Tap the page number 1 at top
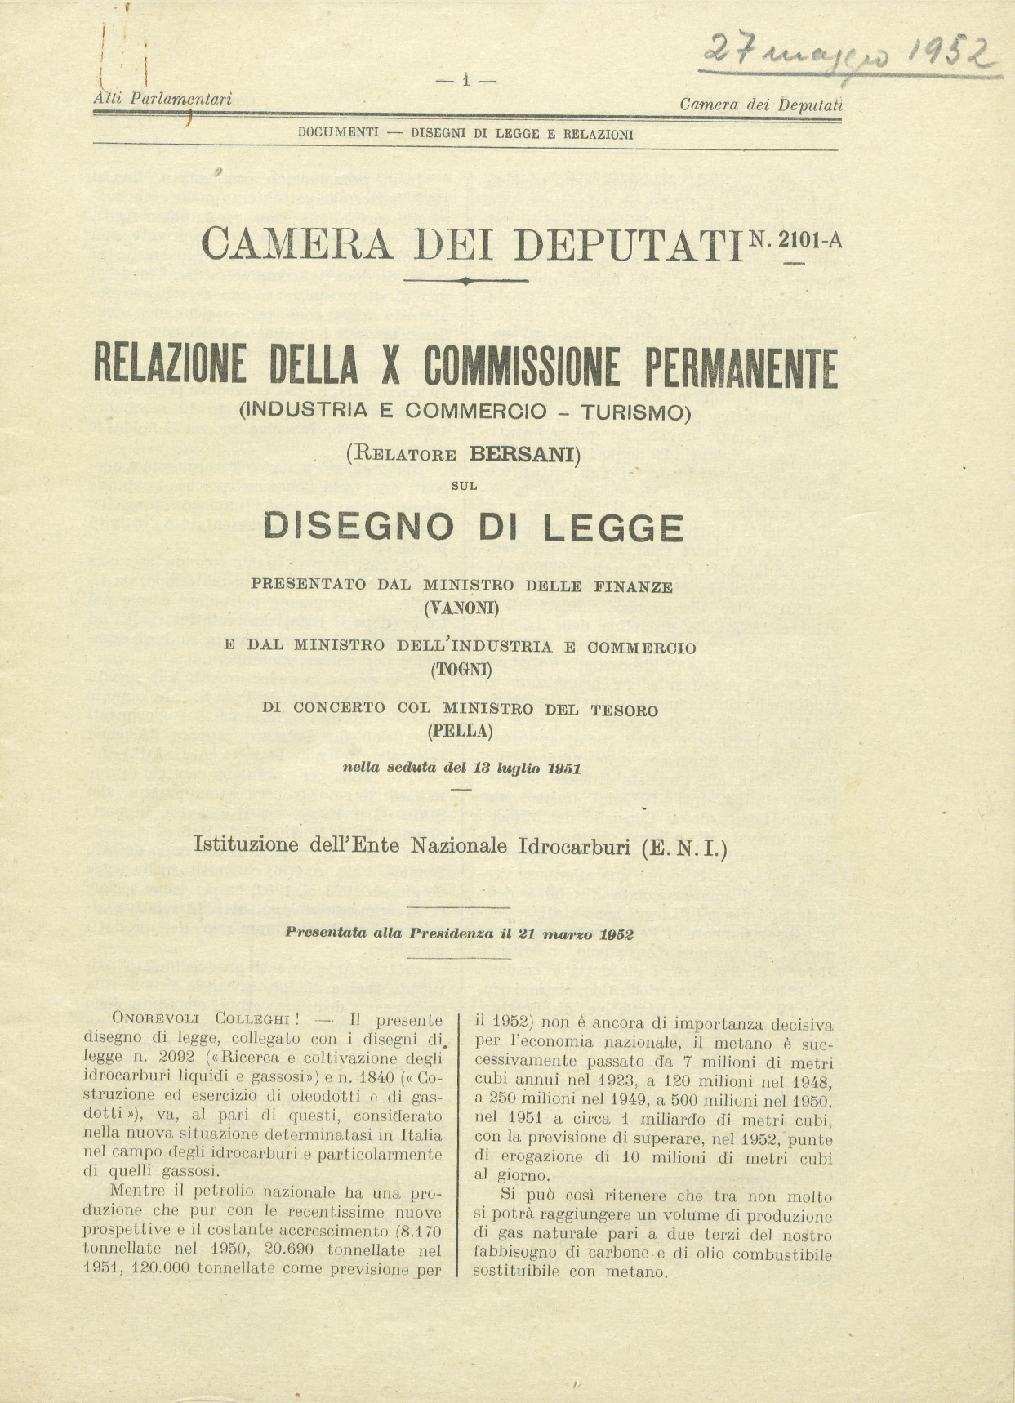coord(465,80)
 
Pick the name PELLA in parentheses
coord(461,730)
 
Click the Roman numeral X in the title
coord(390,367)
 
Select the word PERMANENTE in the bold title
coord(741,367)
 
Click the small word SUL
coord(464,486)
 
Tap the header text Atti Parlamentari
coord(162,99)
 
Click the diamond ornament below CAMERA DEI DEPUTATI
coord(465,280)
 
